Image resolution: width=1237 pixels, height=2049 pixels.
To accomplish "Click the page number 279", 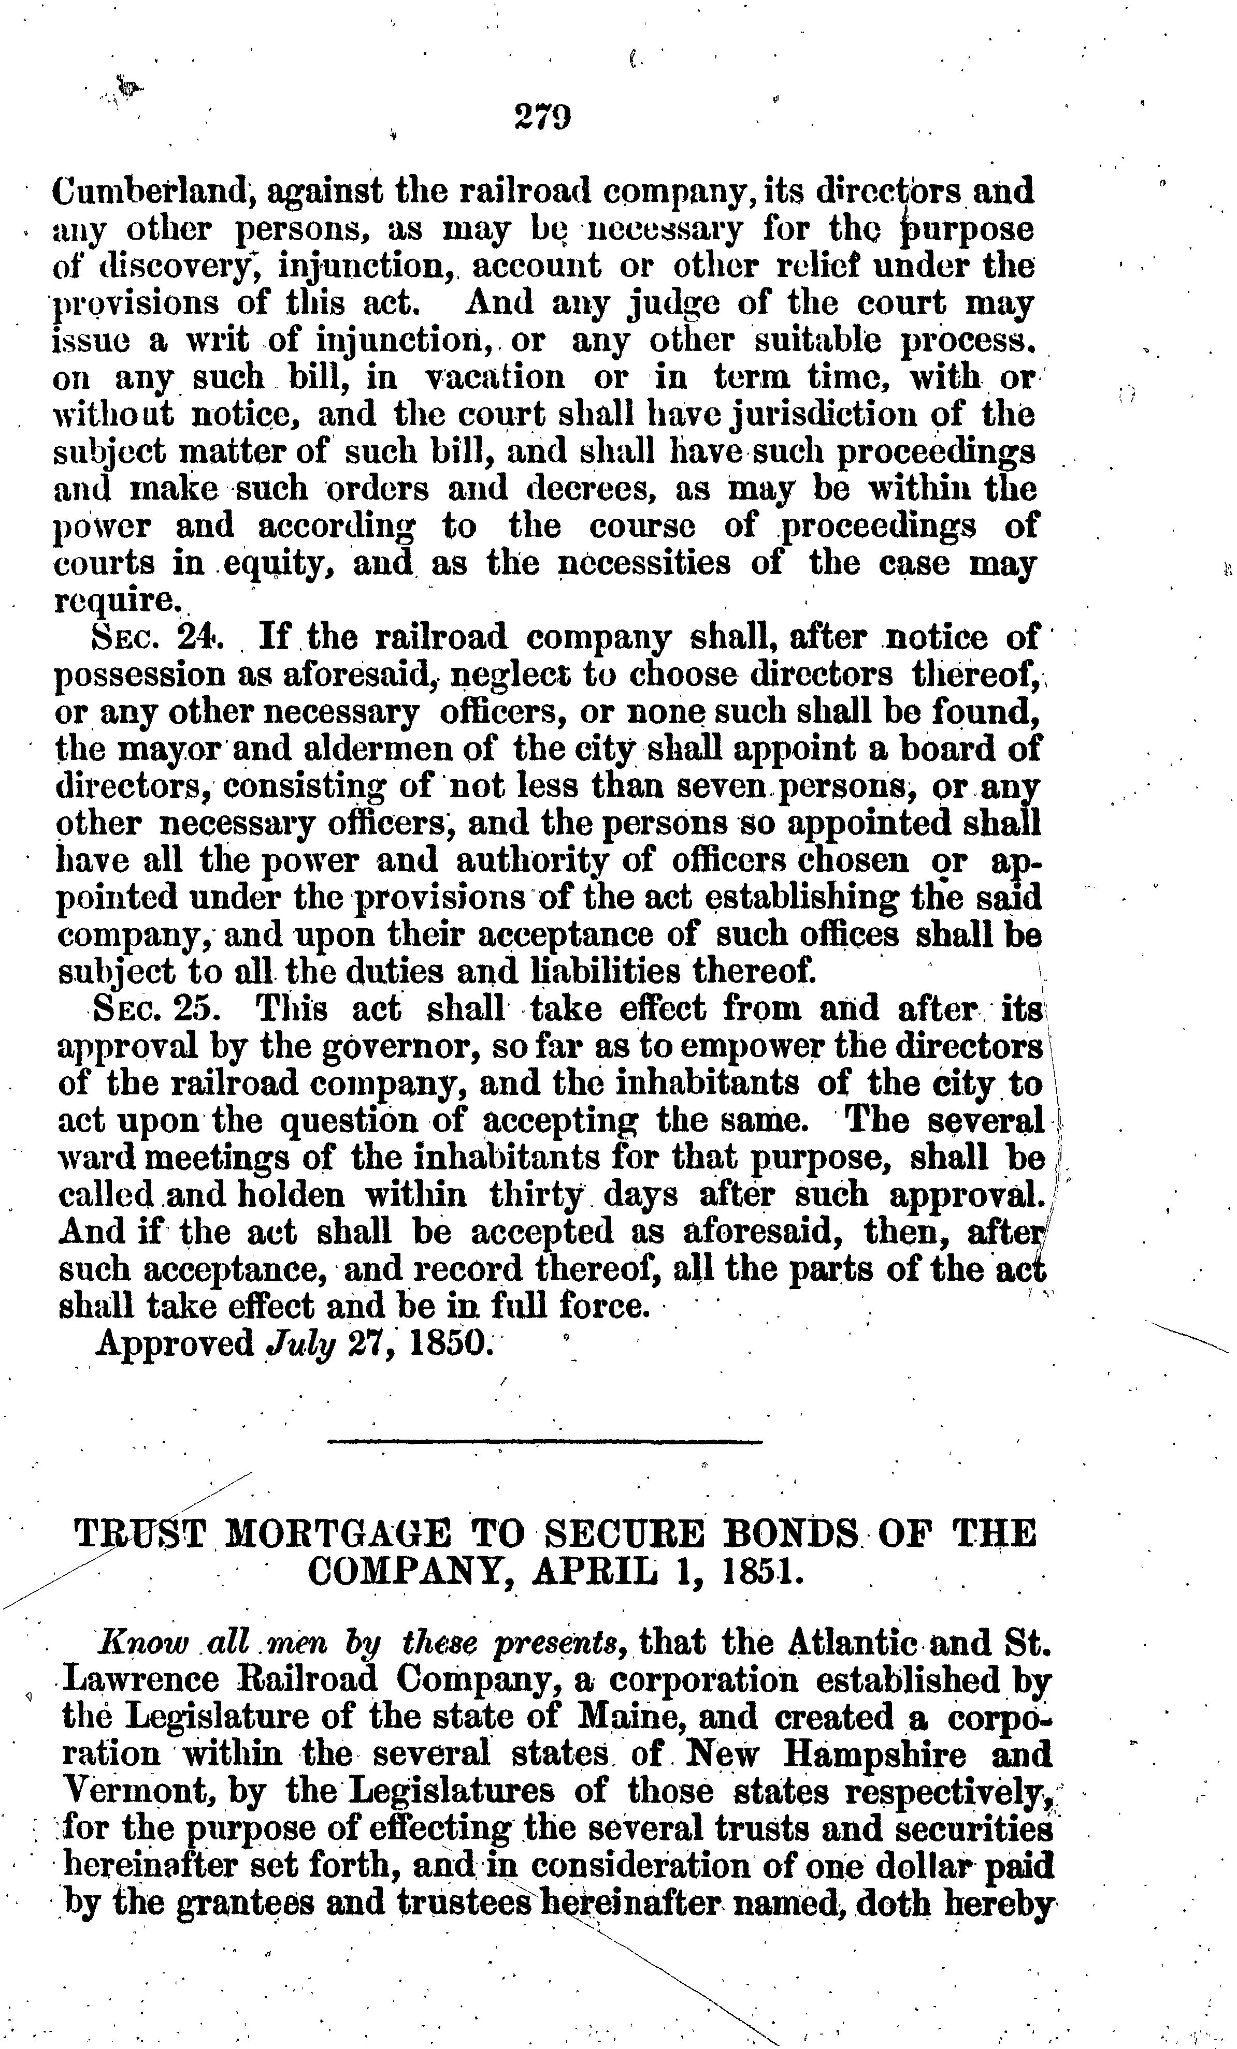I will coord(542,117).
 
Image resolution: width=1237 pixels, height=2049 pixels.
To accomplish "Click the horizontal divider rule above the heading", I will coord(545,1441).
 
